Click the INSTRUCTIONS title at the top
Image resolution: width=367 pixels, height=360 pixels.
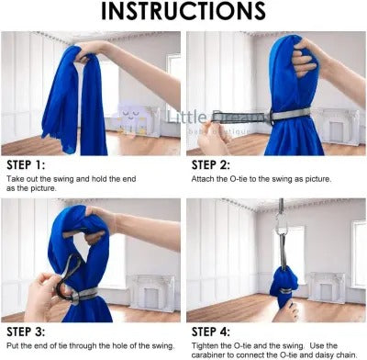pyautogui.click(x=183, y=11)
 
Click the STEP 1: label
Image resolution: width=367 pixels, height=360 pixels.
pyautogui.click(x=26, y=165)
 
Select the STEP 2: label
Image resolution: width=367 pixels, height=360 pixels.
pyautogui.click(x=211, y=165)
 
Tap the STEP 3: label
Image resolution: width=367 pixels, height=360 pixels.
pyautogui.click(x=26, y=332)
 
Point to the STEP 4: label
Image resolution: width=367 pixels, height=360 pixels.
pyautogui.click(x=211, y=332)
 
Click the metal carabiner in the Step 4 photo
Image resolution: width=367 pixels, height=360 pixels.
pyautogui.click(x=282, y=224)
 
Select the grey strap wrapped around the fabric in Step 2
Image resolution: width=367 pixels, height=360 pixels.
pyautogui.click(x=290, y=115)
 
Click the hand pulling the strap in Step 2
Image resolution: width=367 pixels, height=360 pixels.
pyautogui.click(x=213, y=136)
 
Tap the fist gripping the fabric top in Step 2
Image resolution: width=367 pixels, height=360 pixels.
pyautogui.click(x=305, y=58)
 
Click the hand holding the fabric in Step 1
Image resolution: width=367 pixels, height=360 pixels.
pyautogui.click(x=89, y=51)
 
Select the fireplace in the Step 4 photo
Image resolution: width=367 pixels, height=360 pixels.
pyautogui.click(x=327, y=287)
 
